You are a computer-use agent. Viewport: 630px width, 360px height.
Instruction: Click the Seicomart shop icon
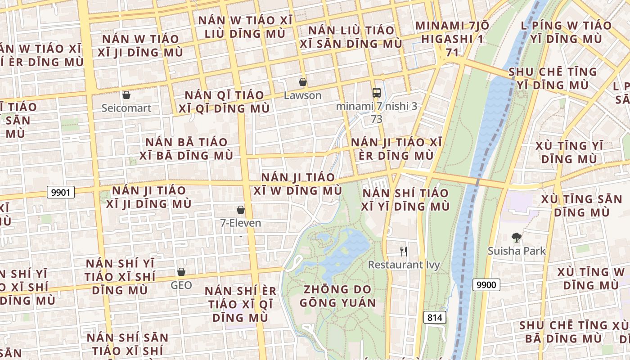[x=126, y=95]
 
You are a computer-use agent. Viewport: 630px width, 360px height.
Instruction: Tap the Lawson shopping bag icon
[x=303, y=82]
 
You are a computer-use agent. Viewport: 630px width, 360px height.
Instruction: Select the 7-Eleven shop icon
[x=241, y=210]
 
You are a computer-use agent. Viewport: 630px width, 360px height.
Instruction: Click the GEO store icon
[x=181, y=272]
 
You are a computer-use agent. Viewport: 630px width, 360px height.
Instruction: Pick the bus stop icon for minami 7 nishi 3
[x=377, y=93]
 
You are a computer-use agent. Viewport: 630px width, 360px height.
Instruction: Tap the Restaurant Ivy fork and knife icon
[x=404, y=251]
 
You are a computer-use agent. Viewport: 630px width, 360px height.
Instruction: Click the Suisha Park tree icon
[x=517, y=237]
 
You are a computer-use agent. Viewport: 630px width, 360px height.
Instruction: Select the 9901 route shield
[x=60, y=193]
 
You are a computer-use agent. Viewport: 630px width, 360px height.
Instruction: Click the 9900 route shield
[x=486, y=284]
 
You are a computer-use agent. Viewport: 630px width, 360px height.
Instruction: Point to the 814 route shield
[x=435, y=317]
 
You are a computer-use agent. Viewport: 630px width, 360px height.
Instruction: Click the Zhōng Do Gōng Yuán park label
[x=337, y=296]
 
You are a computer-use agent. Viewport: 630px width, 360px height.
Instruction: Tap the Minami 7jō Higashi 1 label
[x=452, y=39]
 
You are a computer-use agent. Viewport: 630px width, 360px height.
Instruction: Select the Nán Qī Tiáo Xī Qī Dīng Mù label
[x=225, y=102]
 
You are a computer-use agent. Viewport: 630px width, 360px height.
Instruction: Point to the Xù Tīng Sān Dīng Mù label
[x=582, y=205]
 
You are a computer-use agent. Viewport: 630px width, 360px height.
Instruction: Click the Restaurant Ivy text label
[x=404, y=265]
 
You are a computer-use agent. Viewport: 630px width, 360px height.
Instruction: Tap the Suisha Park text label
[x=517, y=251]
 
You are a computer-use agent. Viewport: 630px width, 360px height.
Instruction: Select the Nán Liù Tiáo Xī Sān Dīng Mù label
[x=351, y=37]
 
